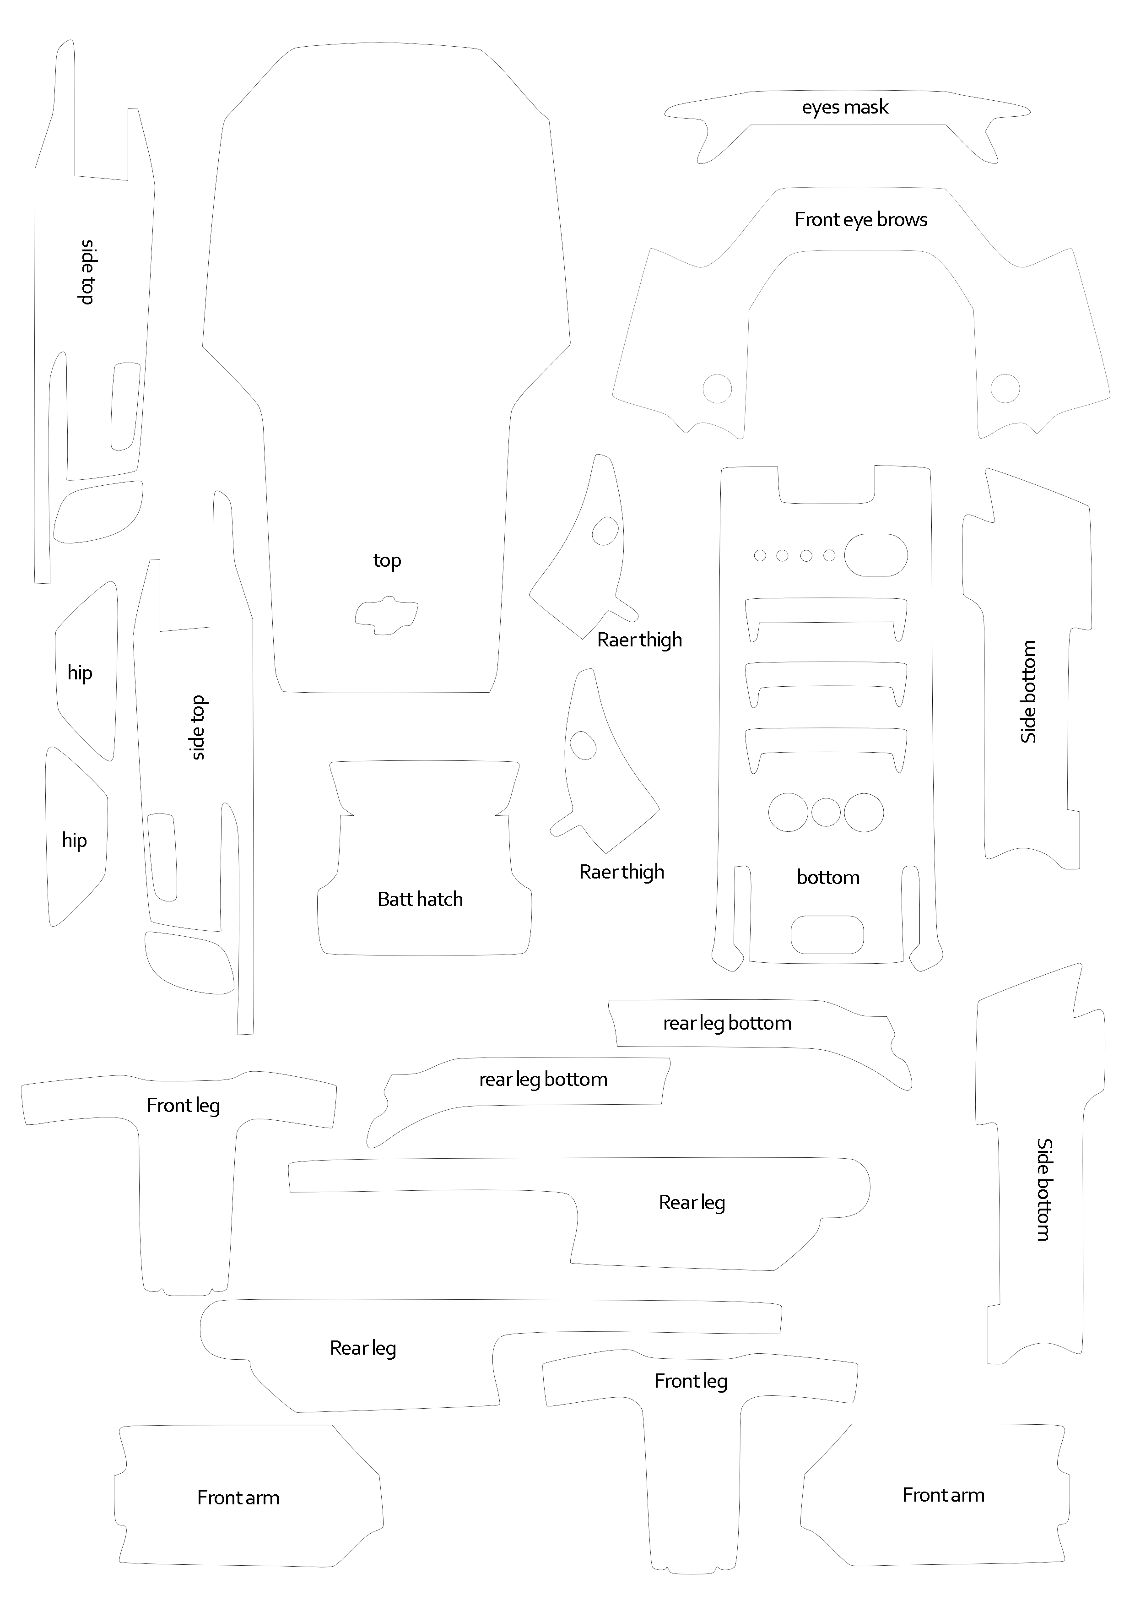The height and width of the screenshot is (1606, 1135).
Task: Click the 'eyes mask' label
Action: click(845, 108)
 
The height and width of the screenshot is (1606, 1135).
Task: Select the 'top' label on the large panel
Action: click(387, 560)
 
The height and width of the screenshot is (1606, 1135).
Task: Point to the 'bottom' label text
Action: click(828, 877)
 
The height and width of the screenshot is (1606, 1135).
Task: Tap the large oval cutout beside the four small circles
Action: click(876, 555)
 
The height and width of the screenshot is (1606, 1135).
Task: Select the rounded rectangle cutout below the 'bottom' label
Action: click(827, 934)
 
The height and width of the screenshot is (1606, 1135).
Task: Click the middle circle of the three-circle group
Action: click(826, 812)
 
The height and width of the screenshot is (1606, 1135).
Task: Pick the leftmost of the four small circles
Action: click(760, 555)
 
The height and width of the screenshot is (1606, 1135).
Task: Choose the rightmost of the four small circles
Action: click(829, 555)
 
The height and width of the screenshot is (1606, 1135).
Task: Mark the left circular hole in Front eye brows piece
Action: click(717, 388)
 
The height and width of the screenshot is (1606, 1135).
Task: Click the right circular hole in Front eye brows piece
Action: click(1005, 388)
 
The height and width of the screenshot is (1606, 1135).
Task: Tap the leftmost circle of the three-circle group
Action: click(788, 812)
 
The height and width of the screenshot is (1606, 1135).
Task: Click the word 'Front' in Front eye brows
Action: click(817, 220)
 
